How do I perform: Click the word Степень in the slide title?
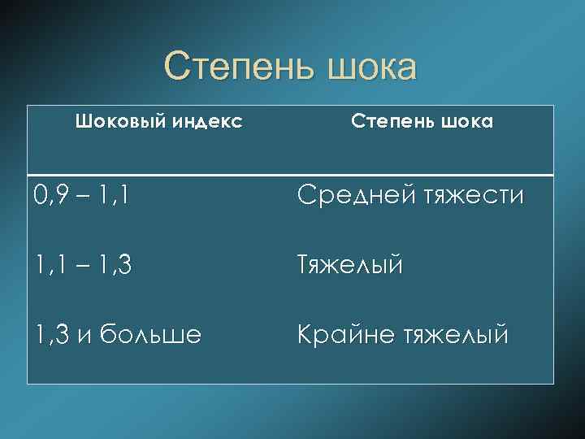coord(239,67)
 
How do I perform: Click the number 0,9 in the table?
coord(50,196)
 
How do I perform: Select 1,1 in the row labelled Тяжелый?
coord(48,265)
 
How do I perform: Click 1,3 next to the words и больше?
coord(50,334)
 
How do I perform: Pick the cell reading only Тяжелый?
coord(349,266)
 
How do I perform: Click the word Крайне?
coord(341,334)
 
